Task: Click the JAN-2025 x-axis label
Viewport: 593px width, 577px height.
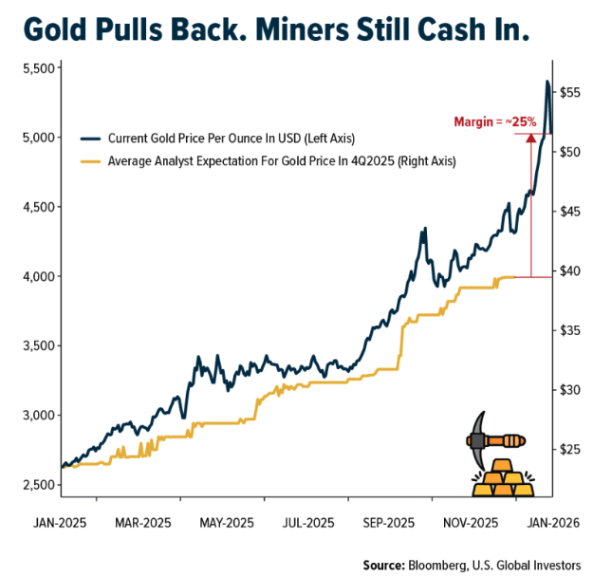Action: (60, 523)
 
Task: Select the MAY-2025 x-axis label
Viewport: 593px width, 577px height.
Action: (226, 523)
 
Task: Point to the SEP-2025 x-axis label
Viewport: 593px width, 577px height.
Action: (389, 523)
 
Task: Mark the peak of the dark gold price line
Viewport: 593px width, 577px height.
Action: (547, 82)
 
